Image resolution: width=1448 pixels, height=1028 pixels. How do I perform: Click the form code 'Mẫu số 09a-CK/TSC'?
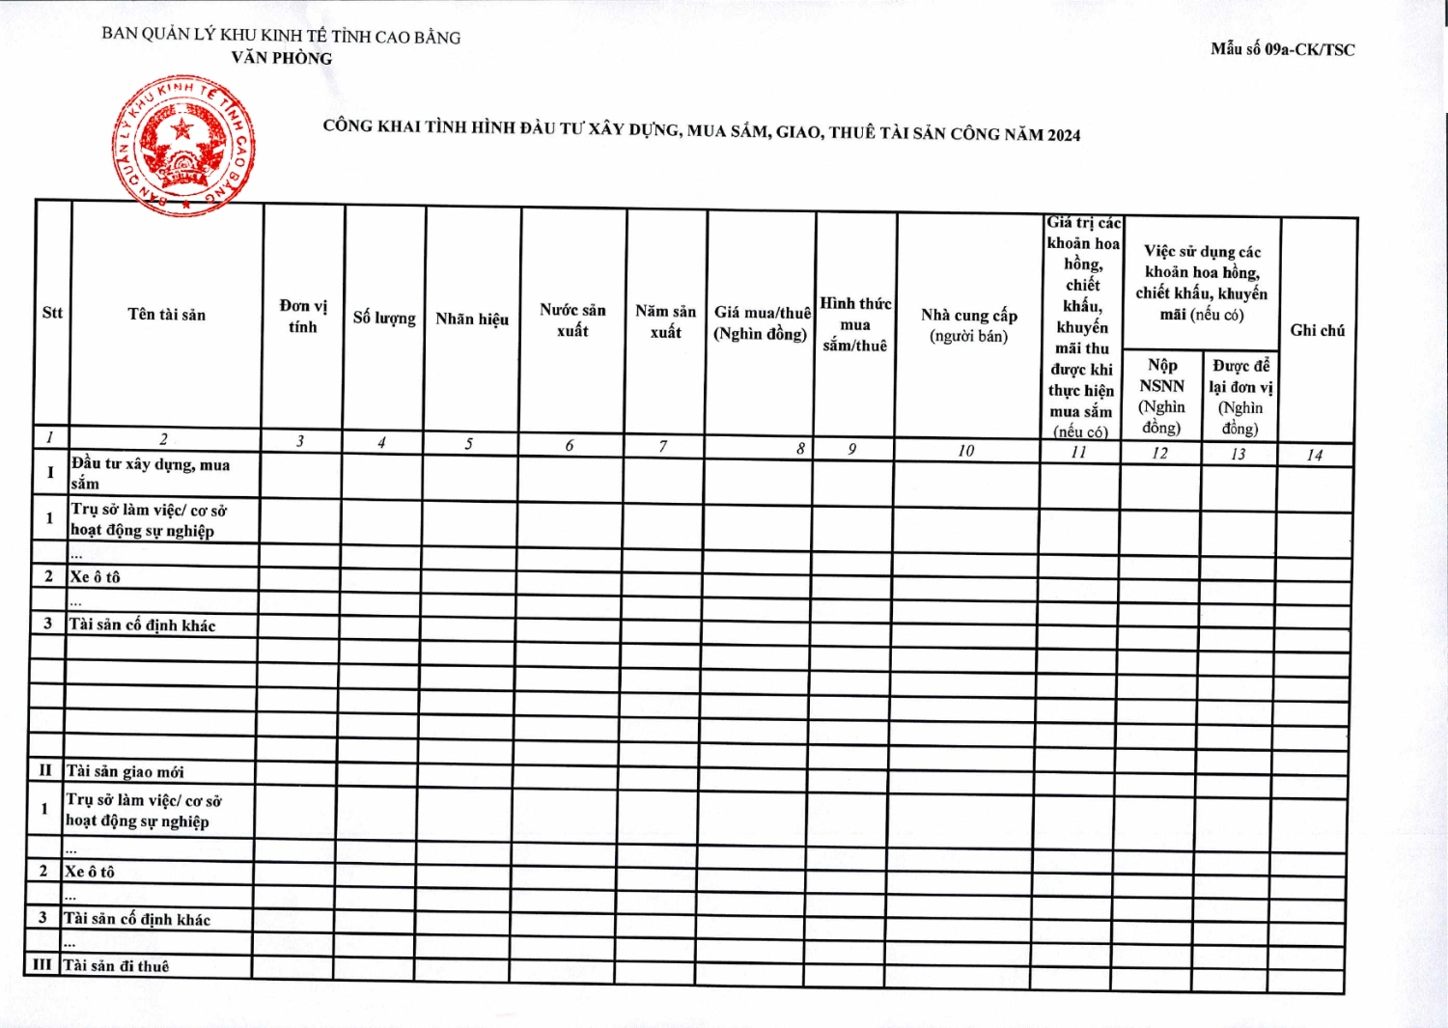pos(1282,49)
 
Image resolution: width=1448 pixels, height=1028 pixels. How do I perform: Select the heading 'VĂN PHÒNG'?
pos(281,58)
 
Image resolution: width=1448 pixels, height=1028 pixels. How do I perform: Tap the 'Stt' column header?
pos(52,313)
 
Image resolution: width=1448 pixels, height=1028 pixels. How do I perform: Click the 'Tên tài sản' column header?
pos(166,315)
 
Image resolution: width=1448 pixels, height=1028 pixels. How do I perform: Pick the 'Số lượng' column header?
pos(384,318)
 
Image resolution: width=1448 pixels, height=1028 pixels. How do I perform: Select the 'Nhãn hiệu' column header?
pos(472,319)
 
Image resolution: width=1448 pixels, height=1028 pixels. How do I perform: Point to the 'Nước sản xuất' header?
pos(572,320)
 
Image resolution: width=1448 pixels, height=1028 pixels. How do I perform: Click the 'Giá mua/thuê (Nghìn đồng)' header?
pos(762,323)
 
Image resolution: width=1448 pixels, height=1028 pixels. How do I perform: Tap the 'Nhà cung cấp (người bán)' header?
pos(968,325)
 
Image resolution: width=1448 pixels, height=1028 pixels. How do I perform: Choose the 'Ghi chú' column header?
pos(1317,330)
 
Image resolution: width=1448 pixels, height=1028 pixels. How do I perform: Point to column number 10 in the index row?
pos(966,451)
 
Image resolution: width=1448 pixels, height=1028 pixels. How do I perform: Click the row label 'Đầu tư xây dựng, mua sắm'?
pos(150,473)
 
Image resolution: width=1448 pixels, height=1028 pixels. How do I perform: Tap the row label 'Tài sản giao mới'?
pos(125,771)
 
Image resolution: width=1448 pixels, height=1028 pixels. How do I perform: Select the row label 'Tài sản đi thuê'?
pos(116,965)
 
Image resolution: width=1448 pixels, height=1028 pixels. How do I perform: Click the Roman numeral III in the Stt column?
pos(42,964)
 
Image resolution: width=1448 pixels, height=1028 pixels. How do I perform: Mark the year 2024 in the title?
pos(1064,135)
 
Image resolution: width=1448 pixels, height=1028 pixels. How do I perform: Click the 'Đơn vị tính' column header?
pos(303,317)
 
